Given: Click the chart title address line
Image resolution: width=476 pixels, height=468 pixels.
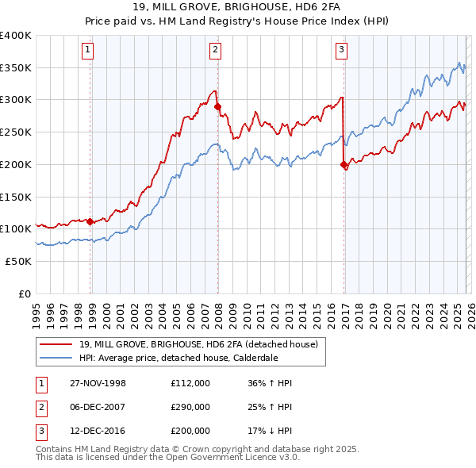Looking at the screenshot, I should point(238,8).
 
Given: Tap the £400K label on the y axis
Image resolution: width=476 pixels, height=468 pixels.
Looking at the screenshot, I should point(16,36).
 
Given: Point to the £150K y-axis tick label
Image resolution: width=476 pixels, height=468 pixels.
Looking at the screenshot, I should point(16,196).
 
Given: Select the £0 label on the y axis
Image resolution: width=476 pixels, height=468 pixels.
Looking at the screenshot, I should point(24,293).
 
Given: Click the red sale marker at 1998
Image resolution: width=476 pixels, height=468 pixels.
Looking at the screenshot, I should point(90,221).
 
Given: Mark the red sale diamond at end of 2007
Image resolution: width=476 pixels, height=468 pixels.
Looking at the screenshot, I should point(217,106).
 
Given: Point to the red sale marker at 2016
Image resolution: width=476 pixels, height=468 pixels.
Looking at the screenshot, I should point(344,165).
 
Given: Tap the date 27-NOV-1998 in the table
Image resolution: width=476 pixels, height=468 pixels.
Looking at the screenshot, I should point(98,383).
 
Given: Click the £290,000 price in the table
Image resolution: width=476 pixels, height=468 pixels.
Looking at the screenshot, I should point(190,407).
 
